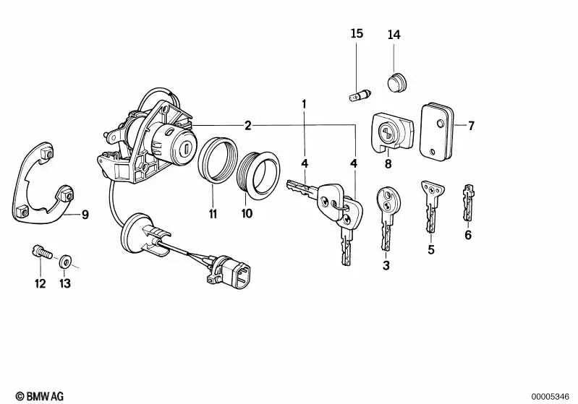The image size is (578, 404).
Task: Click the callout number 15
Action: tap(357, 34)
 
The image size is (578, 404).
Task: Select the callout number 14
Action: tap(394, 35)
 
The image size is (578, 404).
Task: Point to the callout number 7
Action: tap(470, 126)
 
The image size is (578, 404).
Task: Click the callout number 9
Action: tap(85, 214)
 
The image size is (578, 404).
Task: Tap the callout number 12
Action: tap(40, 283)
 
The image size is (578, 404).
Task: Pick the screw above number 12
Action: tap(40, 254)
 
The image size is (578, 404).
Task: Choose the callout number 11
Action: tap(213, 213)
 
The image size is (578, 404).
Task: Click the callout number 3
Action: tap(386, 266)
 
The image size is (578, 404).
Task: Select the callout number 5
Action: tap(430, 251)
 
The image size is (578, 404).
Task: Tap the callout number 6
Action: tap(468, 235)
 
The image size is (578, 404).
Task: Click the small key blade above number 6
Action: tap(469, 202)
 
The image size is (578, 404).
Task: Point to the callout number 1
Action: tap(305, 105)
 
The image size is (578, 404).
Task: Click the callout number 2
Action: tap(247, 126)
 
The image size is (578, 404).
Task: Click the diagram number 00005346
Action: tap(552, 395)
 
